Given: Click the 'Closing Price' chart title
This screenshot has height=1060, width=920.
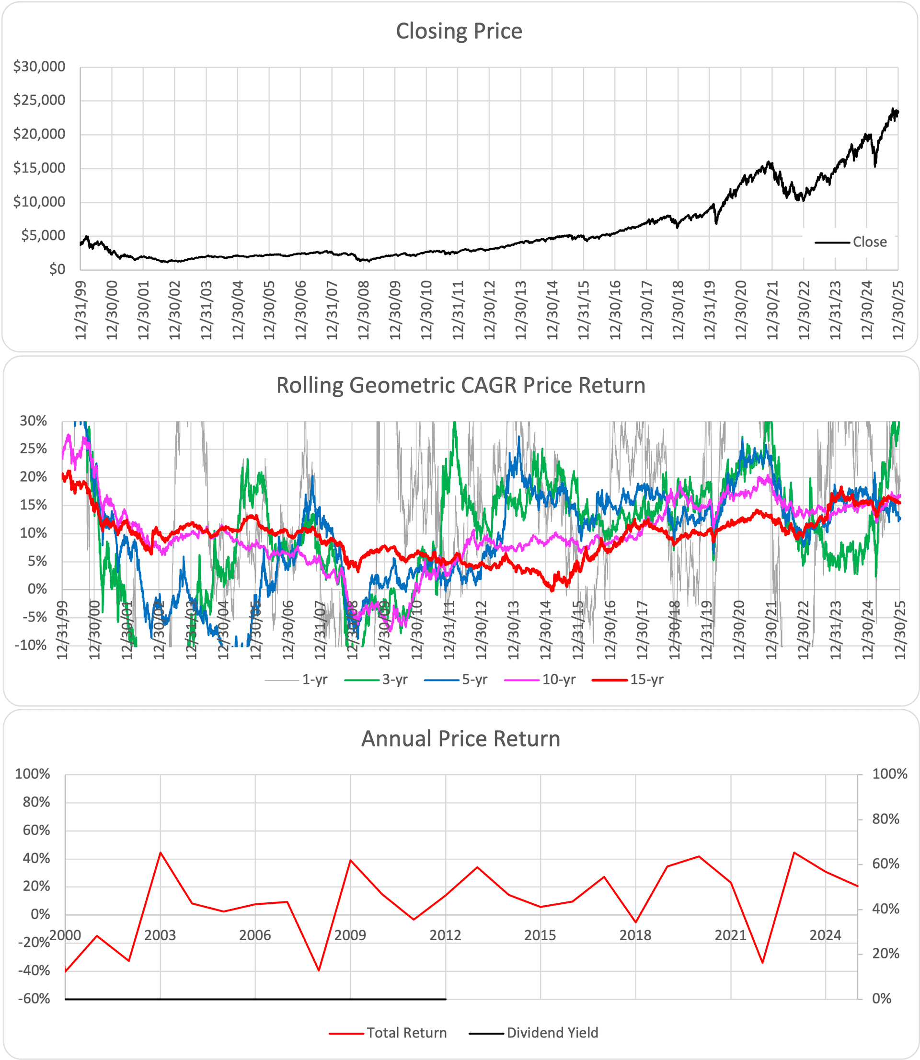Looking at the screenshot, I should pos(459,31).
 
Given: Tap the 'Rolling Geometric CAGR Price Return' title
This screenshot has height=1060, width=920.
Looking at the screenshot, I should pos(460,385).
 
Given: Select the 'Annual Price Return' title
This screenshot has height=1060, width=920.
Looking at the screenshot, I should pos(460,738).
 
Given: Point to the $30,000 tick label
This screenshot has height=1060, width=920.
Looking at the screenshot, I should pos(39,66).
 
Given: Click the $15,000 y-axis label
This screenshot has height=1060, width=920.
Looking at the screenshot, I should pos(39,168).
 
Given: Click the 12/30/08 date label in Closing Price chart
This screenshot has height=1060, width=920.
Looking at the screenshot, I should pos(364,310).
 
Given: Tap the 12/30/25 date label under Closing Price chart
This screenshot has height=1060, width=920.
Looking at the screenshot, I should pos(898,310).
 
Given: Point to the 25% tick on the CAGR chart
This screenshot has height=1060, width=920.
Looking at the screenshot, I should pos(34,449).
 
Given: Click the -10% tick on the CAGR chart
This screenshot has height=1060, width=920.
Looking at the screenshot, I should pos(31,645).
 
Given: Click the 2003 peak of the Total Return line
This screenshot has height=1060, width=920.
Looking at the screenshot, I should pos(160,853).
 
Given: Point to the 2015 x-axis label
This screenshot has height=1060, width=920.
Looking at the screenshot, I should pos(540,935).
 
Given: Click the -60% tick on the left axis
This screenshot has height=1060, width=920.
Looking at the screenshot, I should pos(34,999).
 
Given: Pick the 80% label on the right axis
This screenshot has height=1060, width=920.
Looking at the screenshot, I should pos(885,819).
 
